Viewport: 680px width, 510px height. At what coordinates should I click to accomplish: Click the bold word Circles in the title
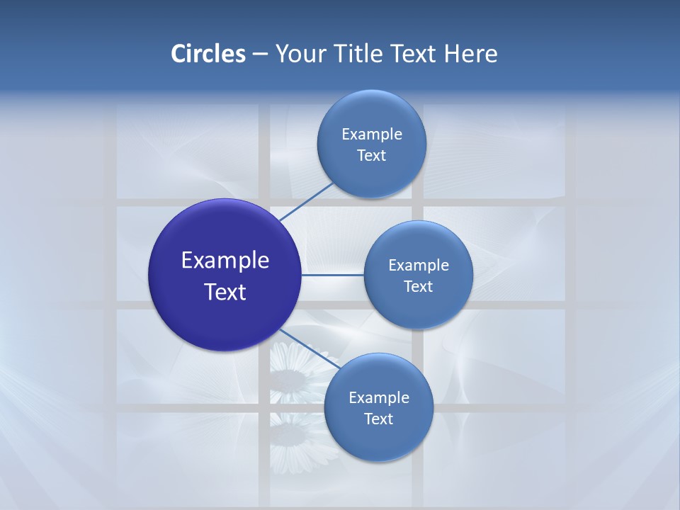[208, 54]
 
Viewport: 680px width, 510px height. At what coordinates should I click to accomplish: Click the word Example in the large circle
[225, 261]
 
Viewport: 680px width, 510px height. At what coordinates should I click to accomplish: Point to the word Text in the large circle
[225, 292]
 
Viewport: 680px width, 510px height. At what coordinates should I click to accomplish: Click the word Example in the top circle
[372, 135]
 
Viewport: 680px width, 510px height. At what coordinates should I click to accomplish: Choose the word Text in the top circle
[371, 156]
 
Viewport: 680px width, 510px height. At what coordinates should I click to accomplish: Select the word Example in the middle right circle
[419, 266]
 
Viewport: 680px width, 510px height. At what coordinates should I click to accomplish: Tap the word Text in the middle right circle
[418, 287]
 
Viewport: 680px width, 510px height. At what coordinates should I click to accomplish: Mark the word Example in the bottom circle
[379, 398]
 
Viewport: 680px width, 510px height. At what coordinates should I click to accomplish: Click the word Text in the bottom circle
[378, 419]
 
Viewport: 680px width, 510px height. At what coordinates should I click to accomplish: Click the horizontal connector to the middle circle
[332, 274]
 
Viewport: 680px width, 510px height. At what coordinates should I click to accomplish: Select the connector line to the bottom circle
[309, 348]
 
